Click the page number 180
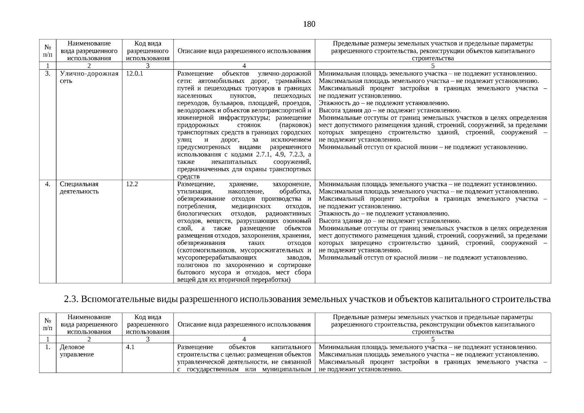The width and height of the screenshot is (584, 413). coord(309,24)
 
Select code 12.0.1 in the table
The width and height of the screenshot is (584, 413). coord(134,74)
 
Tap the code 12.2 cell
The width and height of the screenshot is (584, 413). coord(132,184)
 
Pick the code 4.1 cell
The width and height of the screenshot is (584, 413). coord(130,347)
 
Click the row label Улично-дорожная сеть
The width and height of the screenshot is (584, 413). coord(89,77)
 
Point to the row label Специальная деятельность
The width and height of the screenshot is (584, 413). coord(79,188)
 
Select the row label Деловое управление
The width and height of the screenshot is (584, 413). coord(77,351)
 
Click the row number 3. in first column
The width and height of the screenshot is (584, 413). coord(48,74)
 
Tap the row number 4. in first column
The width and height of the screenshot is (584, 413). coord(48,184)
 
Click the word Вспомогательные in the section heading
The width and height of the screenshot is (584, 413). coord(118,299)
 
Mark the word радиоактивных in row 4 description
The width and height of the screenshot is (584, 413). coord(293,214)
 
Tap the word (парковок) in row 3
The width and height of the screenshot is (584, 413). coord(295,125)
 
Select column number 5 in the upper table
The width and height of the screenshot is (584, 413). coord(433,66)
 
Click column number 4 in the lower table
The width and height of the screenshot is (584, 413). coord(244,339)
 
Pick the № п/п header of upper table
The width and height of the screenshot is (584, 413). coord(48,51)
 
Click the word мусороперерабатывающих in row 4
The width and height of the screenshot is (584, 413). coord(217,258)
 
